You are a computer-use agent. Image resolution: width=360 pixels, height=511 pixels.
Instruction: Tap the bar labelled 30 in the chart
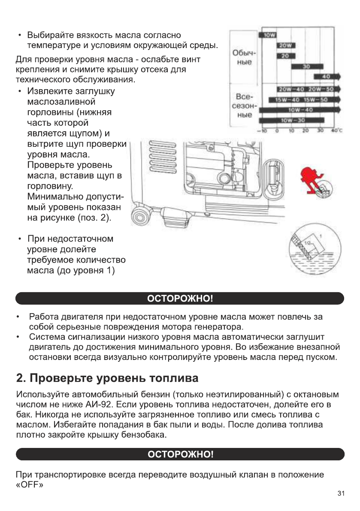tap(306, 67)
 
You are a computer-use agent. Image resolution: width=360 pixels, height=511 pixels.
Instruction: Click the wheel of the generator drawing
tap(141, 214)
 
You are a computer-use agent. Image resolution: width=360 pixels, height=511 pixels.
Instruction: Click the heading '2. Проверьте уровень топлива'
tap(107, 379)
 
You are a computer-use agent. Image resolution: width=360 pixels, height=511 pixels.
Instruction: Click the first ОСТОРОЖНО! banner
tap(180, 299)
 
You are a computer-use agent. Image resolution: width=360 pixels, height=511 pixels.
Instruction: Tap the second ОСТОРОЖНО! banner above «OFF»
tap(180, 454)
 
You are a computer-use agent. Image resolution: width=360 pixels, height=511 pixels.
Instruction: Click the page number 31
tap(341, 493)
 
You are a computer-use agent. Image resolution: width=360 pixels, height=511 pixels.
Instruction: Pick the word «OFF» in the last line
tap(31, 484)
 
